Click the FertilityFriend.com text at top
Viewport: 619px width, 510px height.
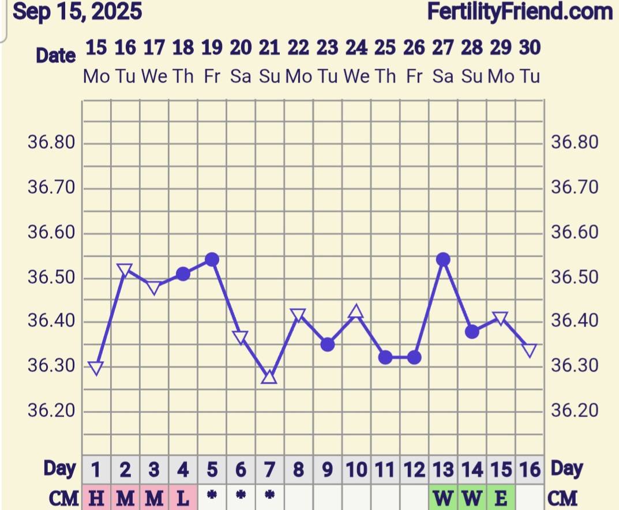click(520, 11)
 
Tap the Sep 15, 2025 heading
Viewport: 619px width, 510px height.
click(77, 11)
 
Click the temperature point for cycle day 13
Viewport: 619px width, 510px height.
click(443, 260)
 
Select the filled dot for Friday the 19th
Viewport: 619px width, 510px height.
click(212, 260)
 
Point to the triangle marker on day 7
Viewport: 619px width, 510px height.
click(269, 378)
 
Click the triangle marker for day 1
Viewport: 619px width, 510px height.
click(96, 368)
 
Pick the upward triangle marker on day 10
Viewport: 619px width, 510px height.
click(357, 312)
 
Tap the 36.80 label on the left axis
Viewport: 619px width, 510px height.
click(51, 142)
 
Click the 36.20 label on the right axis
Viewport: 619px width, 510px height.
click(576, 410)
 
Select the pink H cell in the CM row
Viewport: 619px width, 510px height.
click(96, 497)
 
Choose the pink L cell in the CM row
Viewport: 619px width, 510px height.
click(183, 497)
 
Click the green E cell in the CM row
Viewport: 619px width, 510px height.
click(501, 497)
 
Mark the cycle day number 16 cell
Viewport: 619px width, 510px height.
click(530, 470)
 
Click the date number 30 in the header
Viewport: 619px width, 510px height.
click(530, 48)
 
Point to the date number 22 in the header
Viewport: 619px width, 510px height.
click(298, 48)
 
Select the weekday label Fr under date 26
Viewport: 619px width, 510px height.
click(414, 76)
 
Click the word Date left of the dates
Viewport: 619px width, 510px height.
click(55, 55)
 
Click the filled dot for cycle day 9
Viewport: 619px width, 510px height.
click(328, 344)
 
